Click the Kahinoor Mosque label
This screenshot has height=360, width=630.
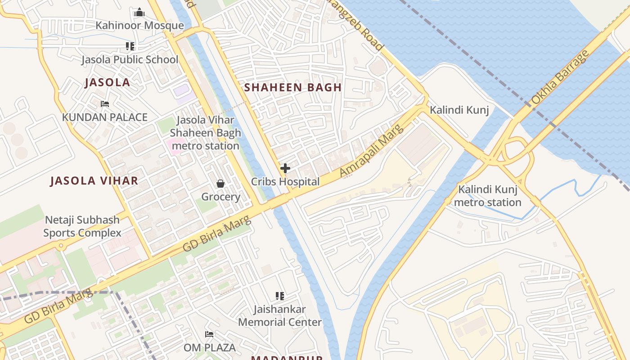139,26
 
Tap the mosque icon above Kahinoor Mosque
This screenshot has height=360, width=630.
139,12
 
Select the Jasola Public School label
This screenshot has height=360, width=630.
130,59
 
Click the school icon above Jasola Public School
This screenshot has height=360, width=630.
130,46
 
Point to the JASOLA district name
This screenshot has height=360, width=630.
108,82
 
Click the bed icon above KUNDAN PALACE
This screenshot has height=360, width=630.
105,104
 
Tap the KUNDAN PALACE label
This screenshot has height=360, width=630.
105,117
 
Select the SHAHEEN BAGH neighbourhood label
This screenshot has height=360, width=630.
293,87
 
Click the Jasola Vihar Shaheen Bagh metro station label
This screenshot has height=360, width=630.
205,133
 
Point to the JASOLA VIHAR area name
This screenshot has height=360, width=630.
94,181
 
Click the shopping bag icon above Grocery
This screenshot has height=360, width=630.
220,184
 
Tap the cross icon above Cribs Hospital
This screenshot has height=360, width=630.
285,168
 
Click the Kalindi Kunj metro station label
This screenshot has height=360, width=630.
487,196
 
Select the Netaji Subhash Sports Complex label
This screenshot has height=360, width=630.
82,226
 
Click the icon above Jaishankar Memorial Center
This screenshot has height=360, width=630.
280,296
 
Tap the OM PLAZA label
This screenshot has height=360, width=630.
209,347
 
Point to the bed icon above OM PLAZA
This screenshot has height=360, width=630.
209,334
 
